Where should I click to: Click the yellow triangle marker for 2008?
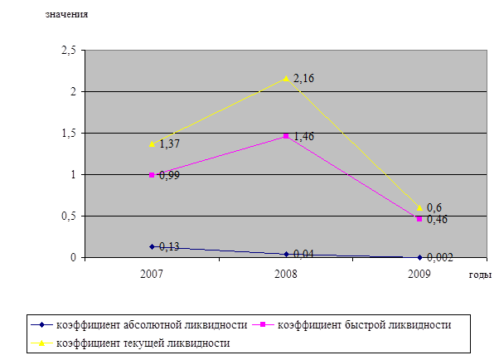coord(286,78)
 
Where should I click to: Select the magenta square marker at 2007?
coord(152,175)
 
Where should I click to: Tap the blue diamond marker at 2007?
coord(152,246)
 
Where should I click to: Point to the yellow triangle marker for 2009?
coord(419,207)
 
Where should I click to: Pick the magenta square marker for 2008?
coord(286,136)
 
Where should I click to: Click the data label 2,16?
coord(304,79)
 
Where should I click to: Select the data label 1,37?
coord(170,144)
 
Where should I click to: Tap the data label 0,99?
coord(170,176)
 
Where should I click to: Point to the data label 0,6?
coord(434,207)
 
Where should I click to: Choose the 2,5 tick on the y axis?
coord(69,51)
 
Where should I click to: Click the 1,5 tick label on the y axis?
coord(69,134)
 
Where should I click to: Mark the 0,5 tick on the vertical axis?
coord(69,216)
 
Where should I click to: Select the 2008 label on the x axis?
coord(286,272)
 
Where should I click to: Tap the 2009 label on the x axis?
coord(419,272)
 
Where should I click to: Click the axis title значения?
coord(66,14)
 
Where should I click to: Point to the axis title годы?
coord(480,275)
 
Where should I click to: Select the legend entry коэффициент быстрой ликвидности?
coord(365,323)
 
